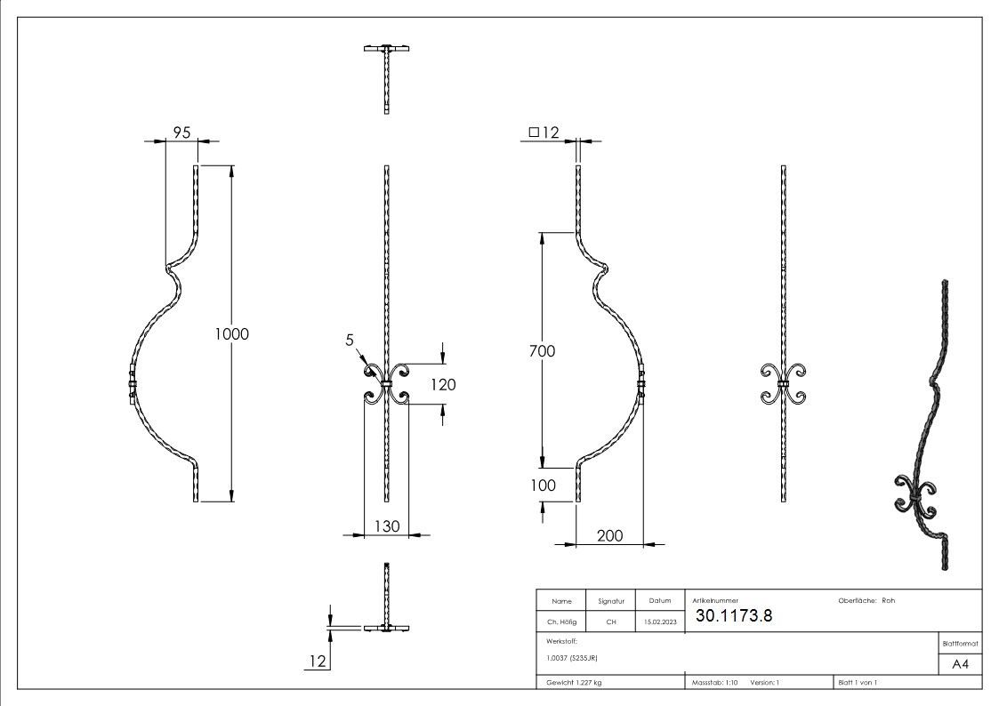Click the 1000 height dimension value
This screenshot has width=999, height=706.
coord(232,334)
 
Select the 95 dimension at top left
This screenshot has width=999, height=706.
coord(181,132)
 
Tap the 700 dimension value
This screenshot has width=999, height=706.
coord(541,351)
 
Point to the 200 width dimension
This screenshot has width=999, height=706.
coord(609,535)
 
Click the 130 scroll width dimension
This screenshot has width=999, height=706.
coord(386,527)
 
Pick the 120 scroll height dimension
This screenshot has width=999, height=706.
coord(443,385)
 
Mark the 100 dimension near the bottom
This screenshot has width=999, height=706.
coord(542,485)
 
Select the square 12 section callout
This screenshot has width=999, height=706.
coord(544,132)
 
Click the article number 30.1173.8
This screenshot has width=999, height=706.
coord(734,615)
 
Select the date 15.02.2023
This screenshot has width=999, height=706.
coord(660,622)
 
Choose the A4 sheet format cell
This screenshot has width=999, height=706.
coord(961,664)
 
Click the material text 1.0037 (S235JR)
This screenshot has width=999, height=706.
coord(571,658)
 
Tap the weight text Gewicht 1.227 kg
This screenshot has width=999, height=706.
coord(573,683)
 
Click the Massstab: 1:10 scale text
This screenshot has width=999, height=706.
coord(715,683)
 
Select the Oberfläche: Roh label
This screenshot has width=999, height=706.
coord(866,601)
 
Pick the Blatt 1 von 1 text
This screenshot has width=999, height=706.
coord(858,683)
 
